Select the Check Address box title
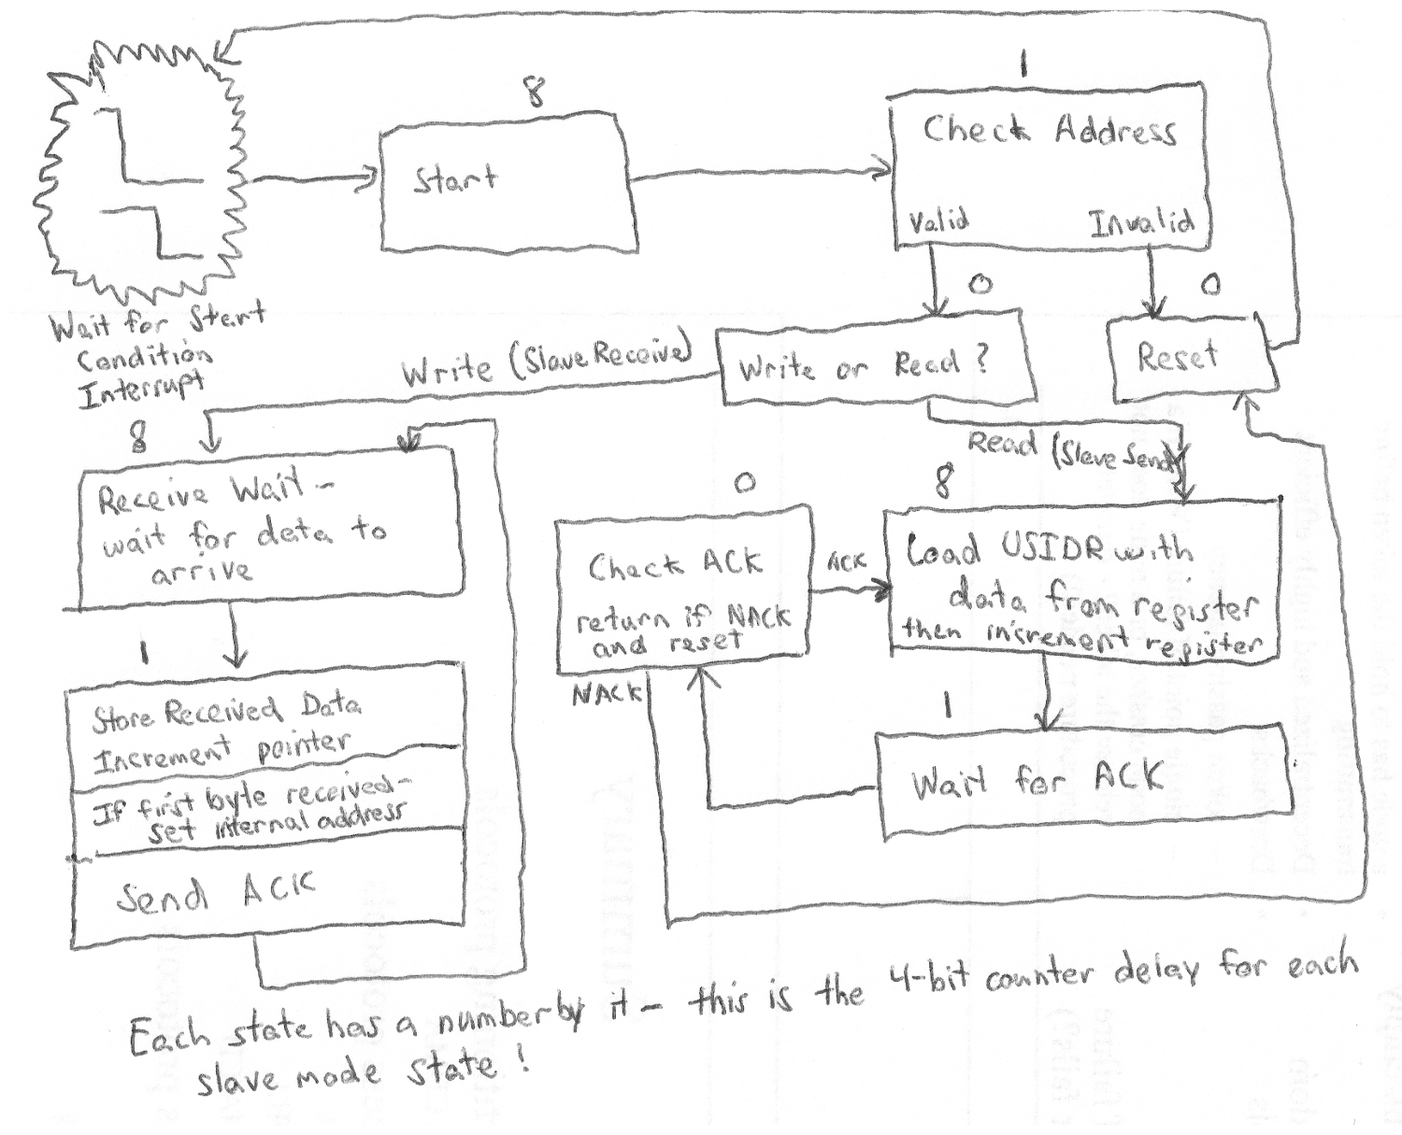tap(1049, 131)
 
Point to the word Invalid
tap(1140, 222)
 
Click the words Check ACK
tap(675, 564)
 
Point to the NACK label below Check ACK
tap(607, 693)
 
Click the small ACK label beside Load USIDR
tap(846, 561)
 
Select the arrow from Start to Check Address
tap(762, 173)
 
